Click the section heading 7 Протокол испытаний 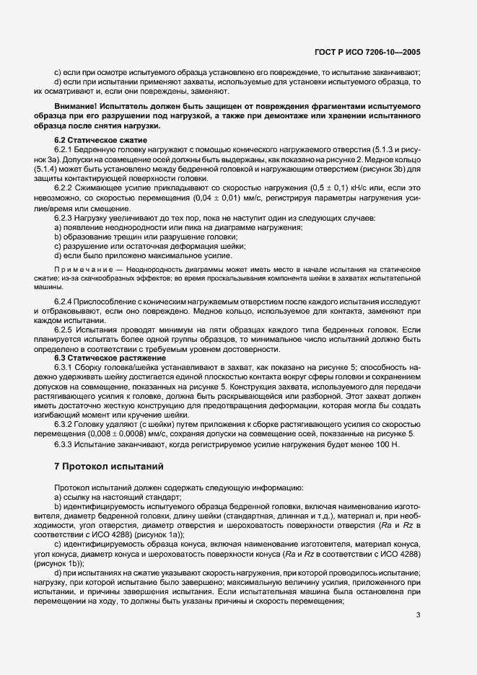tap(110, 466)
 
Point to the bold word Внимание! tap(79, 107)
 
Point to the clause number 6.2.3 tap(65, 217)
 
